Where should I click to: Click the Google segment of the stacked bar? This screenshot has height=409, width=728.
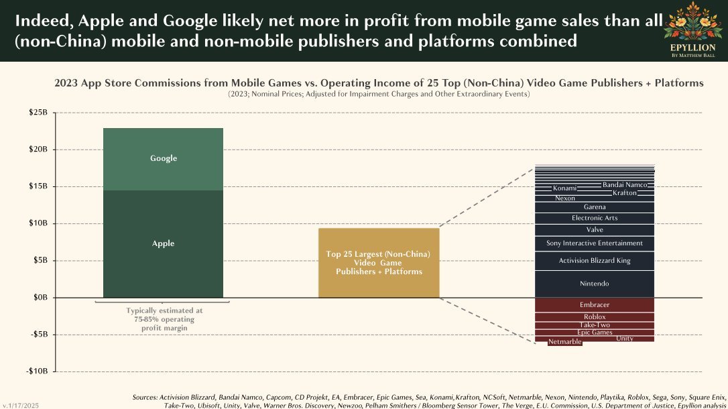pyautogui.click(x=163, y=159)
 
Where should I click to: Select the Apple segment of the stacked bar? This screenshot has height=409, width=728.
pyautogui.click(x=163, y=243)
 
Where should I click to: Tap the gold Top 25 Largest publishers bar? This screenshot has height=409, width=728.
pyautogui.click(x=378, y=262)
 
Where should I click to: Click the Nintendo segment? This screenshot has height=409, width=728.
pyautogui.click(x=594, y=284)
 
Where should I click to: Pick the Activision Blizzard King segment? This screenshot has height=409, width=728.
pyautogui.click(x=594, y=261)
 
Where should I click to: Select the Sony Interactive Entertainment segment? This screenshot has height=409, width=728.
pyautogui.click(x=594, y=243)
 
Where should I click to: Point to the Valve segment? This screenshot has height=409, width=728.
pyautogui.click(x=594, y=230)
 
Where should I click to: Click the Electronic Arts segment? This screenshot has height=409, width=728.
pyautogui.click(x=594, y=219)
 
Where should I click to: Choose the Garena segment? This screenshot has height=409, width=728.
pyautogui.click(x=594, y=207)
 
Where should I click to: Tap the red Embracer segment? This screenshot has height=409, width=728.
pyautogui.click(x=594, y=305)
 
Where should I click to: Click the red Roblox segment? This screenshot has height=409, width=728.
pyautogui.click(x=594, y=317)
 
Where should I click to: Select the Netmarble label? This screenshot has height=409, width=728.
pyautogui.click(x=564, y=343)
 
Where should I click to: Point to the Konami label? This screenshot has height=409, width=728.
pyautogui.click(x=564, y=188)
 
